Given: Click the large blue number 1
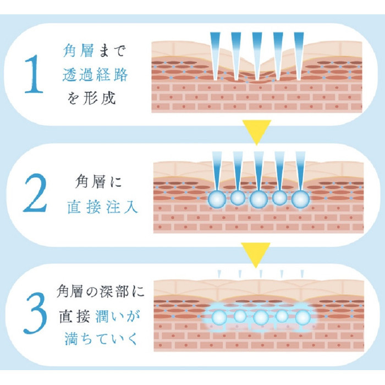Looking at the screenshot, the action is pyautogui.click(x=34, y=74).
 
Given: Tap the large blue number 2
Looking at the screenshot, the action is pyautogui.click(x=35, y=193).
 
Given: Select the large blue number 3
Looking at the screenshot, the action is pyautogui.click(x=35, y=313).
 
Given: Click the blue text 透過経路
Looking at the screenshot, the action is pyautogui.click(x=95, y=74).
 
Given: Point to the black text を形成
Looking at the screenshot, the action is pyautogui.click(x=91, y=98).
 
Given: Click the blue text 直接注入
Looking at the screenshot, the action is pyautogui.click(x=102, y=207).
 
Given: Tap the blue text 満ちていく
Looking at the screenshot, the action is pyautogui.click(x=101, y=339).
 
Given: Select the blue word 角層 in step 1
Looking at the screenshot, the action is pyautogui.click(x=78, y=51).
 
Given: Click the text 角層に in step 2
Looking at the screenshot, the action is pyautogui.click(x=98, y=182).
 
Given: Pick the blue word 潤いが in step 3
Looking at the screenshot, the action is pyautogui.click(x=118, y=316).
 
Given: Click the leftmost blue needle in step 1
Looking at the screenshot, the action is pyautogui.click(x=215, y=56).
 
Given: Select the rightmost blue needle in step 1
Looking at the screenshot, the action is pyautogui.click(x=299, y=56).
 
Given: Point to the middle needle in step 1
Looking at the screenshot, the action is pyautogui.click(x=257, y=56).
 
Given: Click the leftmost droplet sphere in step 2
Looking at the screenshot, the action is pyautogui.click(x=217, y=199).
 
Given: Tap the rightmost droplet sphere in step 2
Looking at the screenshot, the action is pyautogui.click(x=300, y=199).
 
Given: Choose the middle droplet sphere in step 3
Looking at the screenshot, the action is pyautogui.click(x=261, y=317).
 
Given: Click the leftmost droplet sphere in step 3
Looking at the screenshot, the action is pyautogui.click(x=219, y=317).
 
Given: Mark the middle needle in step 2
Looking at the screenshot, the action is pyautogui.click(x=259, y=172).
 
